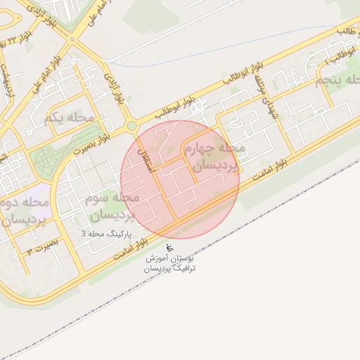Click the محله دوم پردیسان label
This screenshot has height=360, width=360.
click(24, 211)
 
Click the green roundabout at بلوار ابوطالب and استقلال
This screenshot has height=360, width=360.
click(131, 127)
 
